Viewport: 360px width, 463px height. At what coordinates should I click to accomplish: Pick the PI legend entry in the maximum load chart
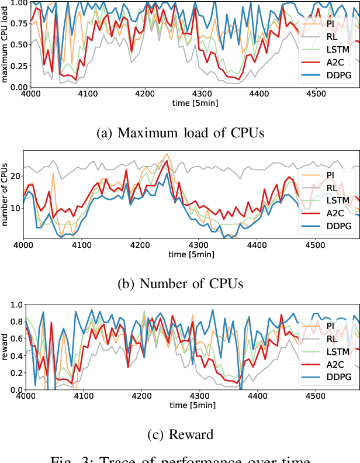click(330, 23)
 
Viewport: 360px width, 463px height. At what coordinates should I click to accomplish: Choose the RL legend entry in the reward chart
click(330, 338)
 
